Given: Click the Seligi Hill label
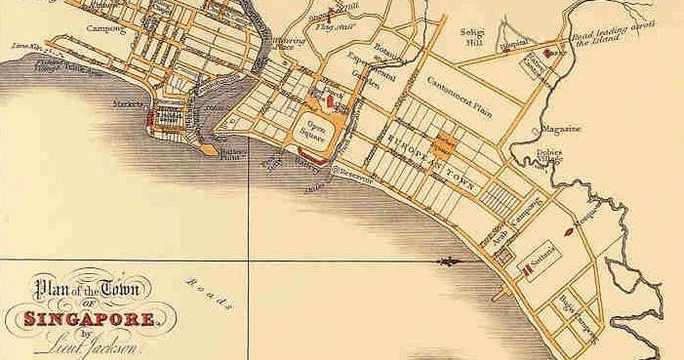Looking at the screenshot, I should (473, 36).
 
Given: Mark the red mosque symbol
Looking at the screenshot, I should (568, 233).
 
